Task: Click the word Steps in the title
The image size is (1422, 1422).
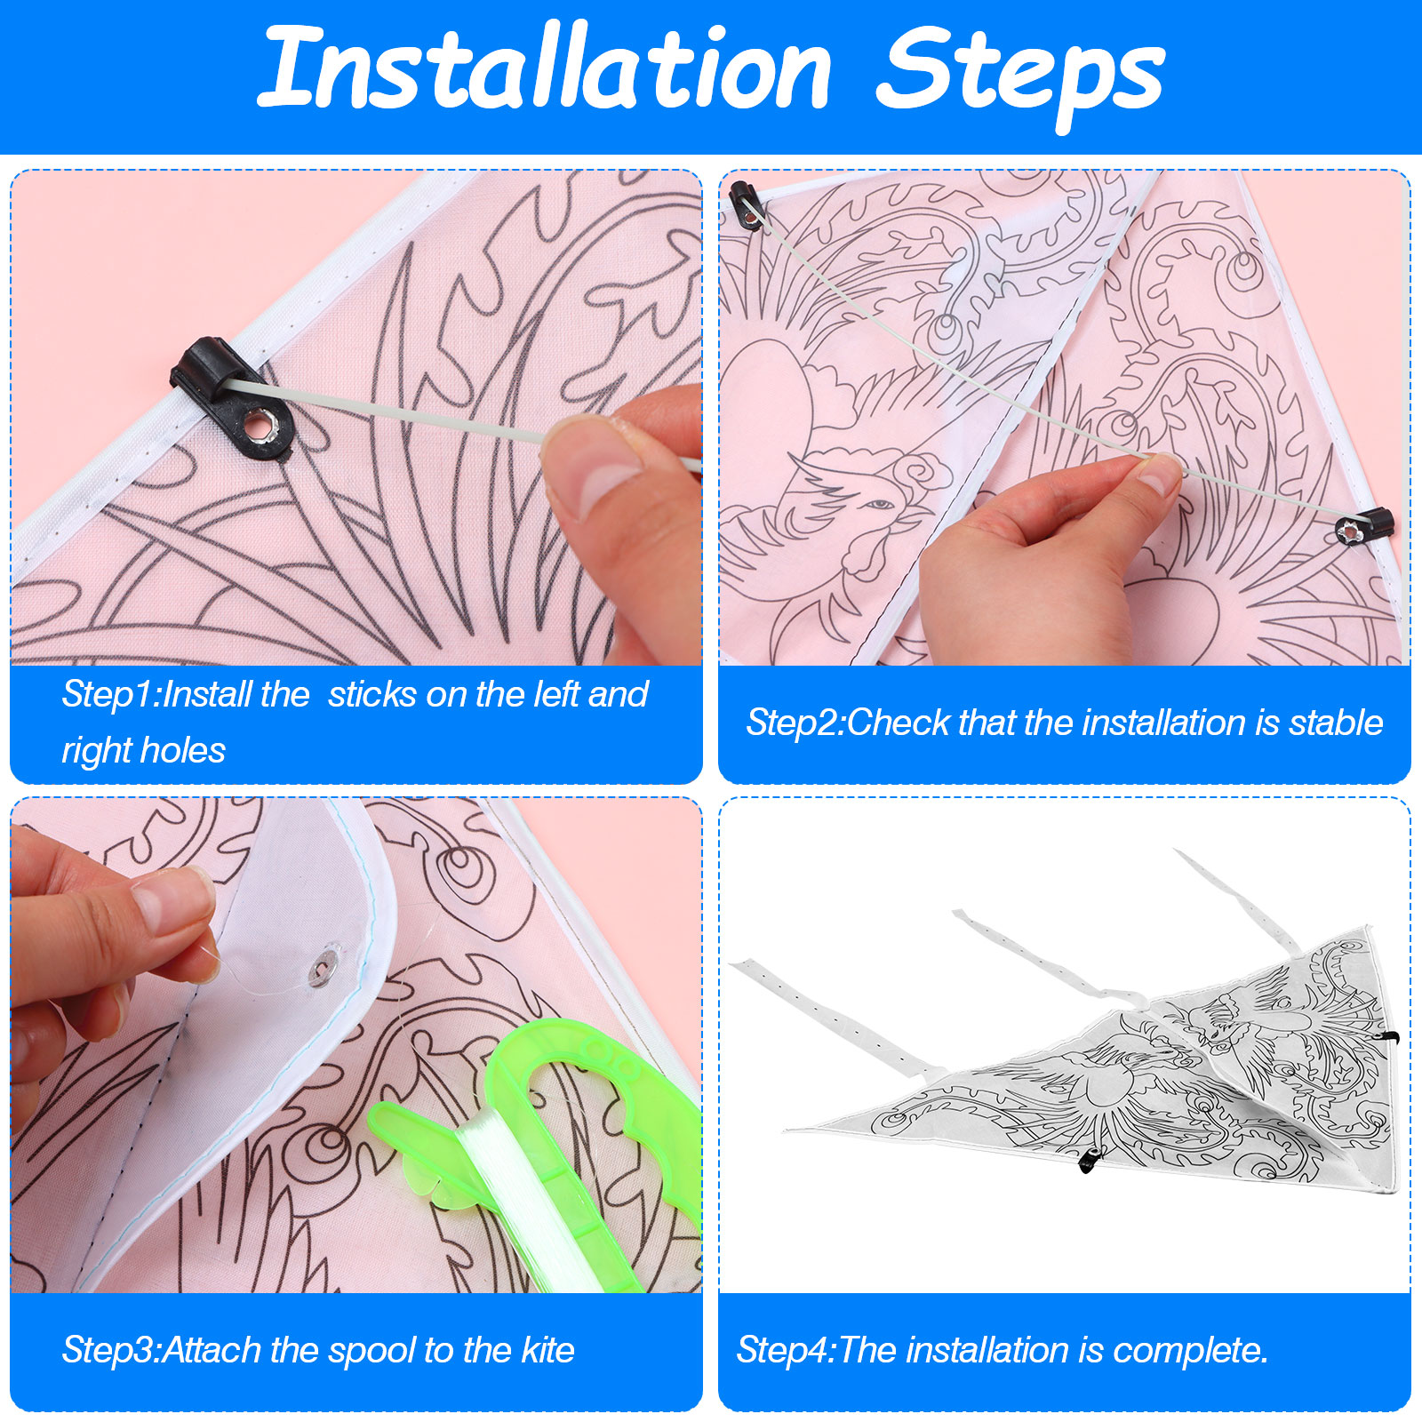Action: pos(1021,76)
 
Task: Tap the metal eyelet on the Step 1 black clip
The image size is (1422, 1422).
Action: pos(261,425)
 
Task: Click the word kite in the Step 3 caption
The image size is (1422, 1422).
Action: pos(548,1350)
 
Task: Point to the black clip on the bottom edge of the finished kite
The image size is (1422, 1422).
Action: pos(1089,1160)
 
